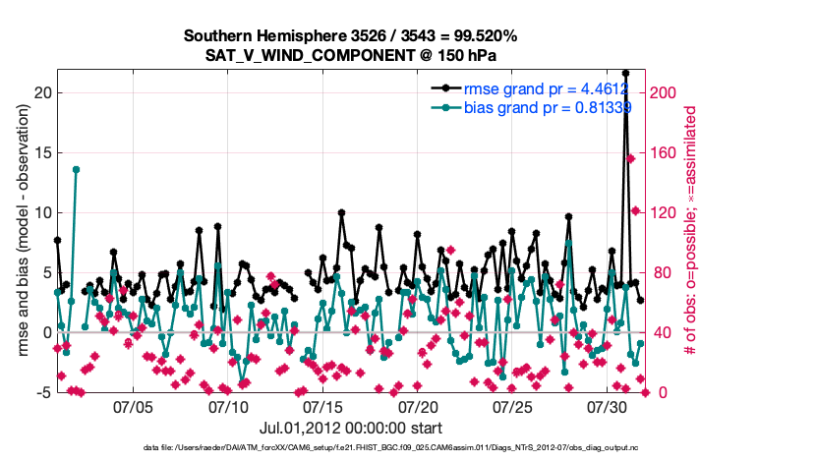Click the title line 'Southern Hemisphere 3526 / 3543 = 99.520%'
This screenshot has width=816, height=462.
coord(350,36)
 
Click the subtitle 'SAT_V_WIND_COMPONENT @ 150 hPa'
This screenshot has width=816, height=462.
coord(350,55)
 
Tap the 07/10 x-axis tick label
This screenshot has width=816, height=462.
coord(228,406)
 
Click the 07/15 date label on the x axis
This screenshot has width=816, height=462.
coord(322,406)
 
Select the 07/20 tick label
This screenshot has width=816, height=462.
coord(418,406)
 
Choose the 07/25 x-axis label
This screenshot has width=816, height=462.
coord(512,406)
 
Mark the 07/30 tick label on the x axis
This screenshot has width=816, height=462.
coord(607,406)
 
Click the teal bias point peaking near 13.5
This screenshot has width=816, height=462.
coord(76,169)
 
